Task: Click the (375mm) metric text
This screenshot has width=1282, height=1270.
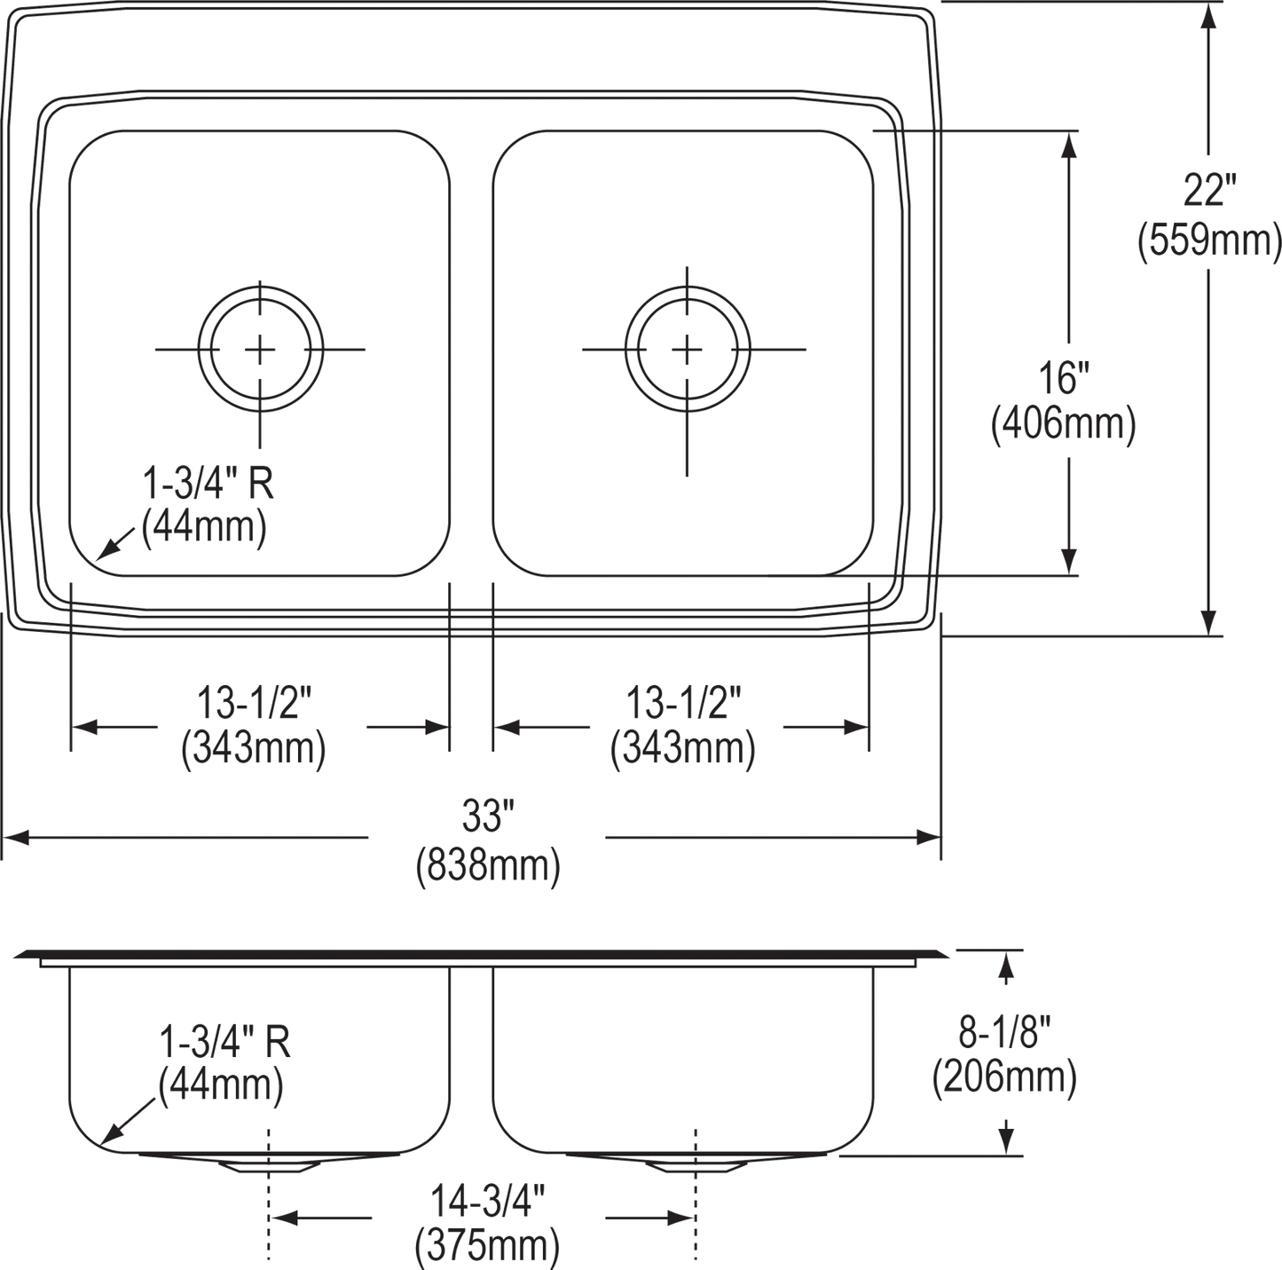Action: pyautogui.click(x=487, y=1246)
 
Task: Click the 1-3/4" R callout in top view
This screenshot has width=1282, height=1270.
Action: pyautogui.click(x=208, y=485)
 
